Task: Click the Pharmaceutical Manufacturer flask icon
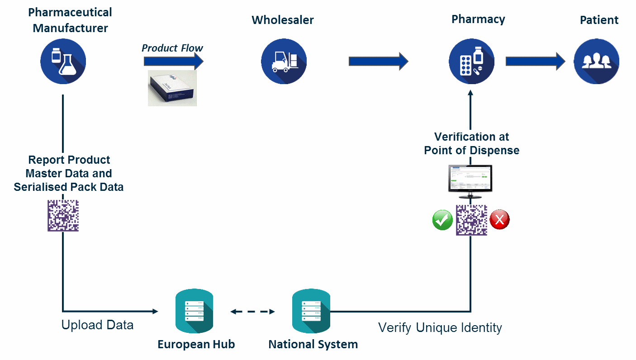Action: [63, 61]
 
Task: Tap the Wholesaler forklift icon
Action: [284, 61]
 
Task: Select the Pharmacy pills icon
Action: [471, 61]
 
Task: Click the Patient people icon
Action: [596, 61]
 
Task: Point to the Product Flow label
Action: [172, 48]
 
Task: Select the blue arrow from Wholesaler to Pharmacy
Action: [378, 61]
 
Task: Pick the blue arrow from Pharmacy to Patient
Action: [535, 61]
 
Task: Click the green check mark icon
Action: [442, 220]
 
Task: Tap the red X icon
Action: [499, 220]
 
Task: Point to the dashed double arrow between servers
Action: [252, 312]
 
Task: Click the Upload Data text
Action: [97, 325]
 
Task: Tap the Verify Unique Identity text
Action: [440, 327]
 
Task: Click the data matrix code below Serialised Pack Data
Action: [63, 216]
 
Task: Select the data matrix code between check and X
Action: [471, 220]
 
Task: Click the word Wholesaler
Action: [283, 20]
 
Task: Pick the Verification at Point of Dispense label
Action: [471, 143]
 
